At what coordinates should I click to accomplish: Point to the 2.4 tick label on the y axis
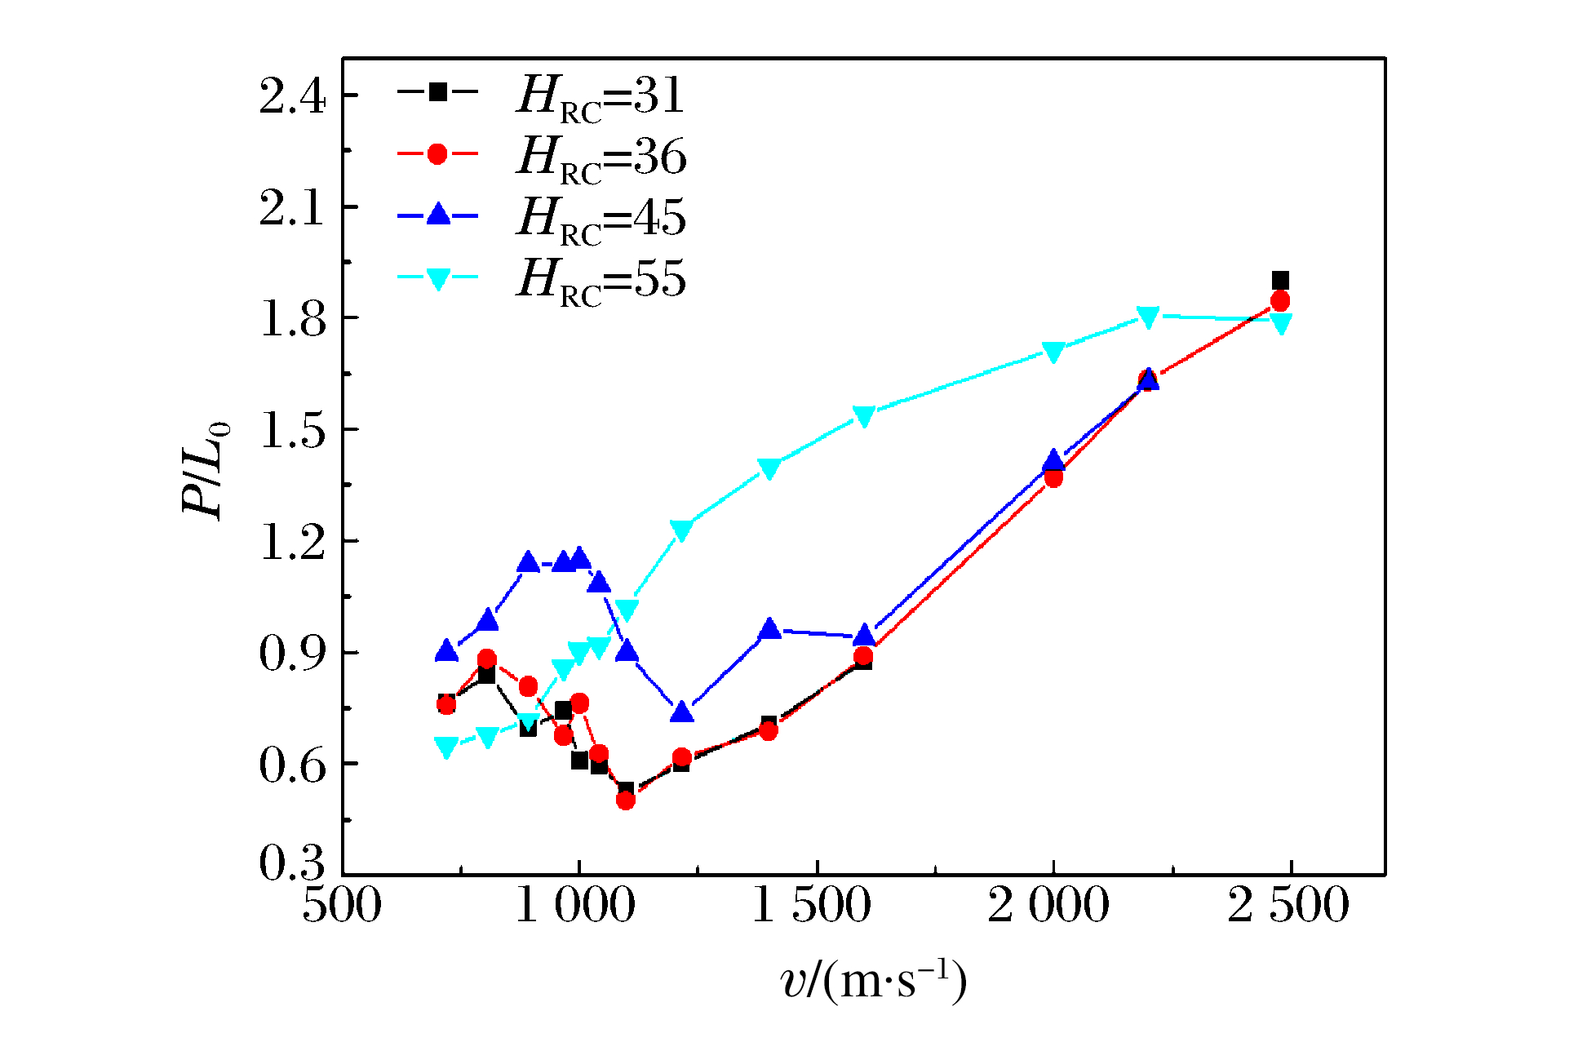click(x=292, y=96)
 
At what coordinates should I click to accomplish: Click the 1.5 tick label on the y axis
click(x=292, y=430)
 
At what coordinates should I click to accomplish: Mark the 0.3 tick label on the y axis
click(x=292, y=862)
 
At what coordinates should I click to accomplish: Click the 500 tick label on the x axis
click(x=342, y=905)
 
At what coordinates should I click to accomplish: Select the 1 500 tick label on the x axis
click(x=812, y=905)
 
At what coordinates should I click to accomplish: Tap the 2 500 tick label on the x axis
click(x=1288, y=905)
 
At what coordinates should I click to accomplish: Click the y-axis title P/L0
click(x=205, y=471)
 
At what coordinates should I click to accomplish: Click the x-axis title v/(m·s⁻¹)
click(x=874, y=980)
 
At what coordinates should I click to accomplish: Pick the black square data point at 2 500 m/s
click(x=1280, y=281)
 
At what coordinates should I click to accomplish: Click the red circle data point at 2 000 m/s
click(x=1053, y=477)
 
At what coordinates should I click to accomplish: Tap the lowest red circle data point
click(x=626, y=800)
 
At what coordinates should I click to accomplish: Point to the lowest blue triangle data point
click(x=682, y=712)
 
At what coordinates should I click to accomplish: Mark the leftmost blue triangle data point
click(x=446, y=651)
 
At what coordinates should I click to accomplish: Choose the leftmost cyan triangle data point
click(x=446, y=747)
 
